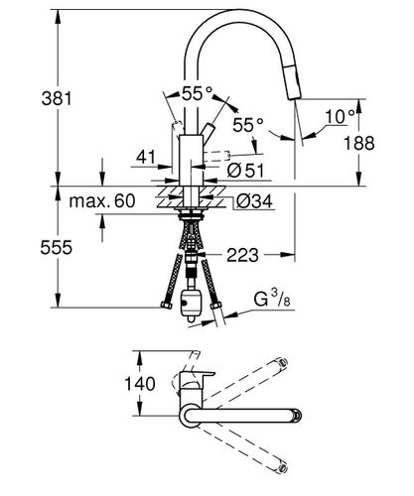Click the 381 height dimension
point(57,98)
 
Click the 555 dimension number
point(56,247)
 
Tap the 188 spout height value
point(359,143)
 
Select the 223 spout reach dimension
point(242,255)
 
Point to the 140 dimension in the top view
point(140,384)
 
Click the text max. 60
point(102,200)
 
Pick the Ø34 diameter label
point(254,201)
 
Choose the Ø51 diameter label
point(246,171)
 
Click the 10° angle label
point(340,116)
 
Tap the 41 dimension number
point(146,157)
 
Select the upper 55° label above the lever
point(197,93)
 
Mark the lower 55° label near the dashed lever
point(248,125)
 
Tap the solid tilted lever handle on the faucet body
point(207,132)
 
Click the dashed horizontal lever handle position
point(216,156)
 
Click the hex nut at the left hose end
point(166,305)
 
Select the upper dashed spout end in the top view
point(281,362)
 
